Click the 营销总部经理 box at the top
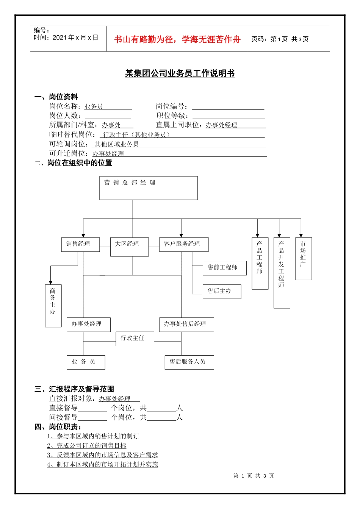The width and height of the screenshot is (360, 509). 148,188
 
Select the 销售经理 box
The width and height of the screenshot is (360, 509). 80,244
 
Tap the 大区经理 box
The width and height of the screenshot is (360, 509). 129,247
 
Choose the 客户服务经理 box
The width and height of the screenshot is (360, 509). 183,244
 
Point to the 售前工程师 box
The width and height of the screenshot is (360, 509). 224,268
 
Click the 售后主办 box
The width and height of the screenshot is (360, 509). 222,291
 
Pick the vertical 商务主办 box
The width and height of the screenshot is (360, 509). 53,305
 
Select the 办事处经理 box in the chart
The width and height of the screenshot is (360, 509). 88,324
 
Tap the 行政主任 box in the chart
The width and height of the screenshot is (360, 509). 135,338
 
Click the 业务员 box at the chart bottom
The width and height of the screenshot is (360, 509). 86,362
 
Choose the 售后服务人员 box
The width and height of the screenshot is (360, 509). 189,362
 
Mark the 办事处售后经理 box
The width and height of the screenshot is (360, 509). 186,324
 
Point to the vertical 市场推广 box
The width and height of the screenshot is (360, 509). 303,258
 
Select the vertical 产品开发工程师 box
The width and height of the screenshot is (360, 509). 282,272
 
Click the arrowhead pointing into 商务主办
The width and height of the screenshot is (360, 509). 50,282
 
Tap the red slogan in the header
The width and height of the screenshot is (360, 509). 177,39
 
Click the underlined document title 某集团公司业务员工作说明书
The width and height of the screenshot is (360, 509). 180,73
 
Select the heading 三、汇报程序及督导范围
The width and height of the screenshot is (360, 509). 74,389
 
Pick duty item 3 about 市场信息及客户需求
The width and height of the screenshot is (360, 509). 102,455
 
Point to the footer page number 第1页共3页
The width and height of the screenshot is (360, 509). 254,476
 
